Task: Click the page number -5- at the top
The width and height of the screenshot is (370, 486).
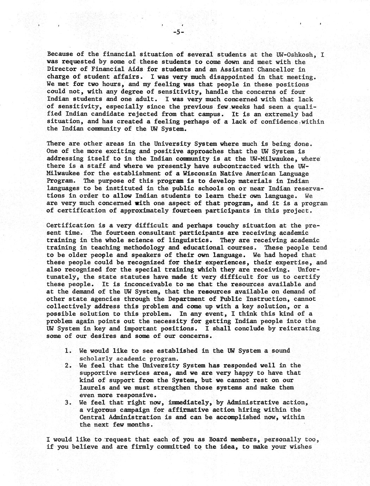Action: point(179,32)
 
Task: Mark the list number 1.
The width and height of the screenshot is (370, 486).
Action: point(68,351)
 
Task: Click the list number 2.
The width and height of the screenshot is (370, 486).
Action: point(68,366)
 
